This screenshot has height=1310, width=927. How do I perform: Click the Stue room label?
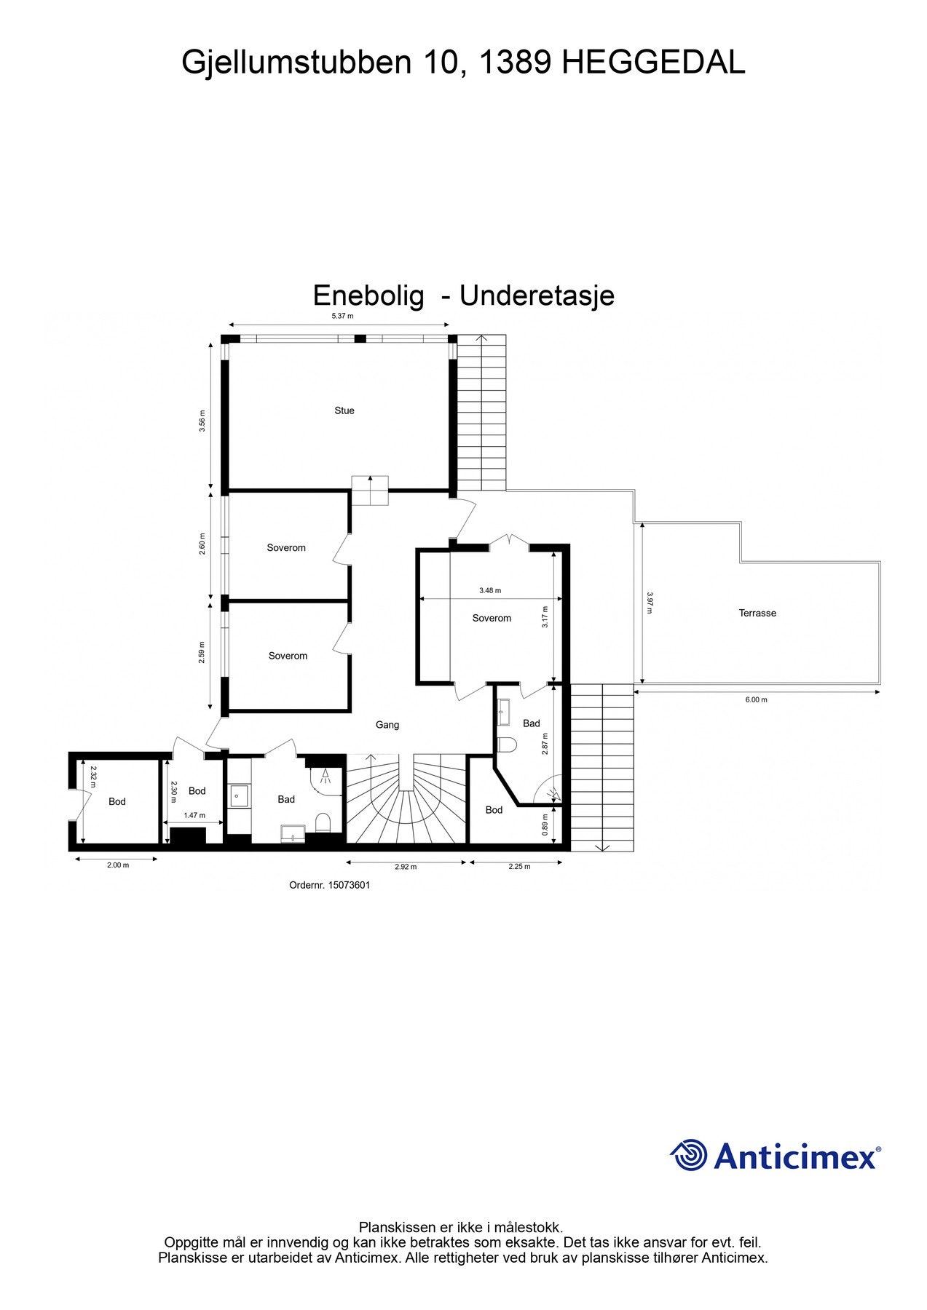click(x=344, y=410)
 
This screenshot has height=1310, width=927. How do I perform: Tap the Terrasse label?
click(x=757, y=613)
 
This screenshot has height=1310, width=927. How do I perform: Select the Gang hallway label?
click(x=387, y=725)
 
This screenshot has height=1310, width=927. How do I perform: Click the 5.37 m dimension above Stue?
click(x=342, y=316)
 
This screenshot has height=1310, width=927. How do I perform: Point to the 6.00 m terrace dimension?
click(x=756, y=699)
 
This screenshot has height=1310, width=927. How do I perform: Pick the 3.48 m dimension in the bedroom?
click(x=490, y=590)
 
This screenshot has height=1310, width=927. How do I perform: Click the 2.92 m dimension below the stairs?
click(x=406, y=867)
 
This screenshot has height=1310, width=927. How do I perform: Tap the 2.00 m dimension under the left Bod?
click(x=118, y=865)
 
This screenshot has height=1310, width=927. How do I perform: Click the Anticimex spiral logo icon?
click(x=689, y=1155)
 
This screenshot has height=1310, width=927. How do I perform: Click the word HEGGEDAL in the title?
click(x=654, y=63)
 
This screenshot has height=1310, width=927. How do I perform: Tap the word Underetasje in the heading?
click(x=537, y=295)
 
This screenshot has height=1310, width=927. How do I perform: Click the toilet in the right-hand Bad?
click(x=508, y=744)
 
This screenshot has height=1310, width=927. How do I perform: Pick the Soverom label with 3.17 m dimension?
click(x=492, y=618)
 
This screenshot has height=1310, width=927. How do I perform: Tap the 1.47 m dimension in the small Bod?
click(x=194, y=816)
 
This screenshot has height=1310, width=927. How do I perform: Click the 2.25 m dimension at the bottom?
click(x=519, y=867)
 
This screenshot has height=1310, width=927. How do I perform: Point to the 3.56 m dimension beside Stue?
click(x=202, y=421)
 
